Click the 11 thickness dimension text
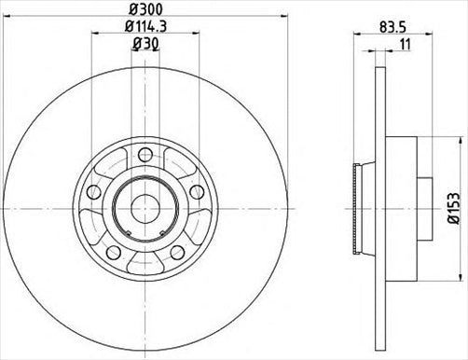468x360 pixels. [x=402, y=44]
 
